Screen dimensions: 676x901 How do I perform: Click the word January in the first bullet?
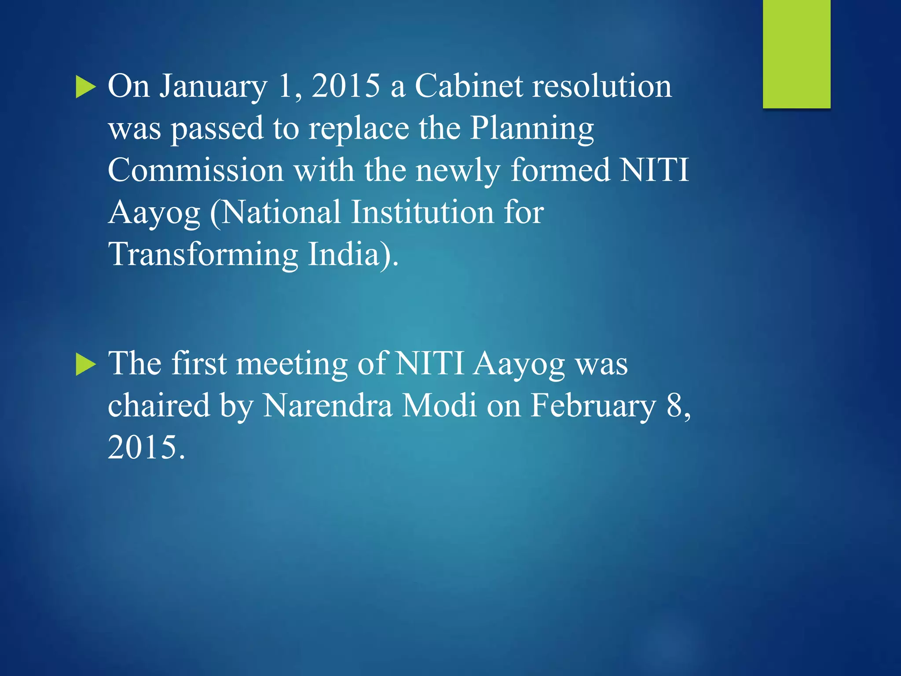[x=213, y=87]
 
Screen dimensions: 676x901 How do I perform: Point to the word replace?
[x=359, y=129]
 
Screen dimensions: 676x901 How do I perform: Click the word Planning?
[x=532, y=129]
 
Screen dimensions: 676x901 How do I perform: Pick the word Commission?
[x=196, y=170]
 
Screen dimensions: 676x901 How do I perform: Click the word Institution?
[x=422, y=213]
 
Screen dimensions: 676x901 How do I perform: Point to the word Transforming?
[x=203, y=255]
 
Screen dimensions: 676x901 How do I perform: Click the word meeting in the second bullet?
[x=292, y=364]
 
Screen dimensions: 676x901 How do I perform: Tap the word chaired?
[x=159, y=405]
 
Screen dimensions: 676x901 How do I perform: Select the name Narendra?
[x=327, y=405]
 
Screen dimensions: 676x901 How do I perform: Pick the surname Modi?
[x=440, y=405]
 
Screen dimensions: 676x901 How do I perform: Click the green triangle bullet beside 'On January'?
[x=85, y=87]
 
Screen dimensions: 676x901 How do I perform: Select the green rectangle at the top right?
[x=796, y=54]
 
